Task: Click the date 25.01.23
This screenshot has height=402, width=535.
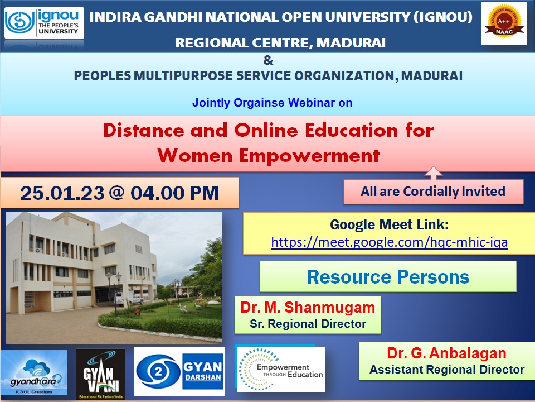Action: (x=62, y=193)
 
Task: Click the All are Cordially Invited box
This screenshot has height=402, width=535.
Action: (x=433, y=192)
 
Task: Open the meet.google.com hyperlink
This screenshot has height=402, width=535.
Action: (x=389, y=242)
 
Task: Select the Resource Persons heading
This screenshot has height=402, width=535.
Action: (x=388, y=276)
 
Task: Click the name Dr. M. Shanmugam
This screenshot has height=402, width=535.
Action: (x=308, y=308)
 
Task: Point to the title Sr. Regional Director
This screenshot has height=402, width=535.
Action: (x=308, y=323)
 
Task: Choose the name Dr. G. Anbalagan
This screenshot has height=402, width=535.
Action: (x=446, y=353)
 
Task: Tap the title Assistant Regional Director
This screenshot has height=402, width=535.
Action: (x=446, y=369)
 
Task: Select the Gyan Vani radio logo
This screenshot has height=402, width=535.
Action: (x=100, y=374)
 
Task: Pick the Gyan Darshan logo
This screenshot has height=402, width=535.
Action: (x=179, y=372)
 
